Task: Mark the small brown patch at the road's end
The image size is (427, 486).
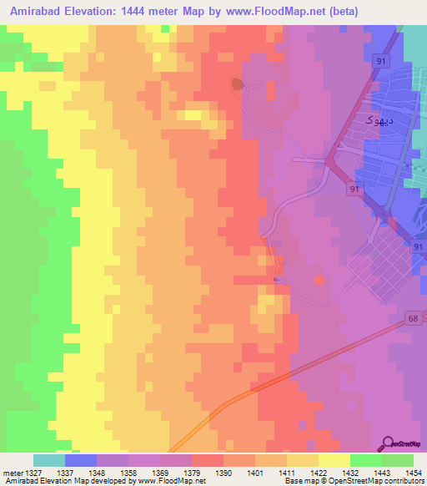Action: (x=237, y=84)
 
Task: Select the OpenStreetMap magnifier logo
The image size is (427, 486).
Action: (x=390, y=443)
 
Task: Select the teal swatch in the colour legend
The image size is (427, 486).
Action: (x=49, y=460)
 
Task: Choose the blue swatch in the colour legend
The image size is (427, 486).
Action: (x=81, y=460)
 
